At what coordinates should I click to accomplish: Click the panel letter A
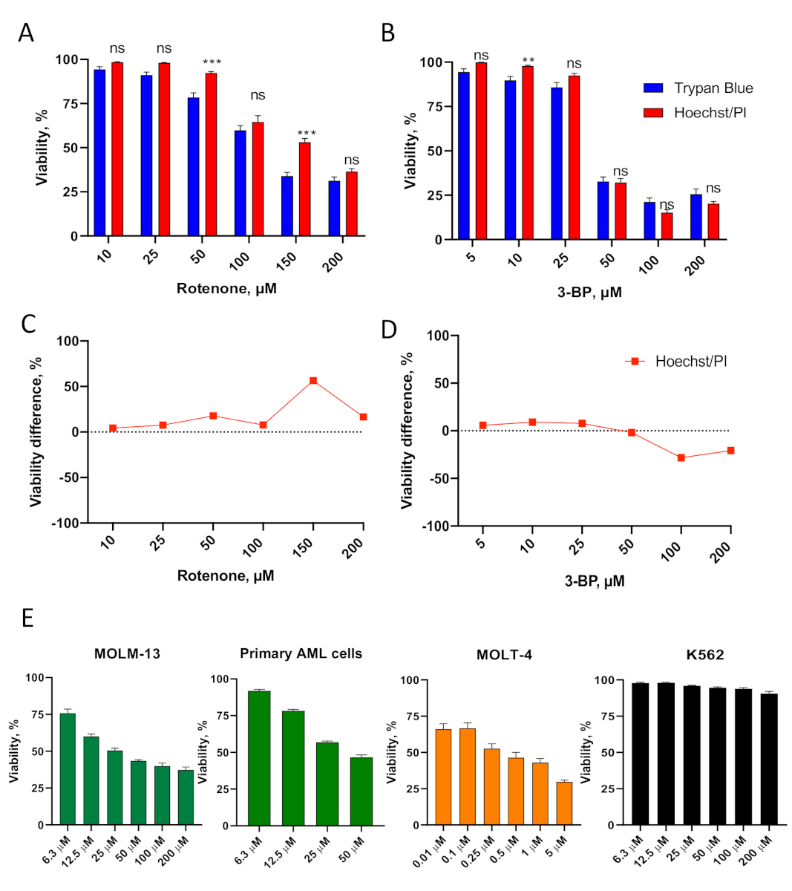pyautogui.click(x=26, y=33)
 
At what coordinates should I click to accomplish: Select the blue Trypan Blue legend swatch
pyautogui.click(x=653, y=88)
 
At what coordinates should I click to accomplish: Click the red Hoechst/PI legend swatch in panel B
pyautogui.click(x=653, y=113)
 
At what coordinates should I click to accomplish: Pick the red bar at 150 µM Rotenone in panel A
pyautogui.click(x=304, y=189)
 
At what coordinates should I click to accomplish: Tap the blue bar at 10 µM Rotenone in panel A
pyautogui.click(x=99, y=153)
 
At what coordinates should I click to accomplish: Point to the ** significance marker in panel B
pyautogui.click(x=528, y=60)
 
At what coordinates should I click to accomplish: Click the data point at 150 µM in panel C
pyautogui.click(x=313, y=381)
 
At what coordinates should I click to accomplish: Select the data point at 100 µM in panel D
pyautogui.click(x=681, y=457)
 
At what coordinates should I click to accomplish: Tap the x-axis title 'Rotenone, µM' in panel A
pyautogui.click(x=226, y=288)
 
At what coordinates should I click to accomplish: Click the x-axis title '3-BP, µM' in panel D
pyautogui.click(x=590, y=581)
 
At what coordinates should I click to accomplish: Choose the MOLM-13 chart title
pyautogui.click(x=127, y=654)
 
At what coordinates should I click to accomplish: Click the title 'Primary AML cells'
pyautogui.click(x=301, y=653)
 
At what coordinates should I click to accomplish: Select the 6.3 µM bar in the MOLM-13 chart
pyautogui.click(x=68, y=769)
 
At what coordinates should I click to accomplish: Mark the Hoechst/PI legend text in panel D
pyautogui.click(x=690, y=362)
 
